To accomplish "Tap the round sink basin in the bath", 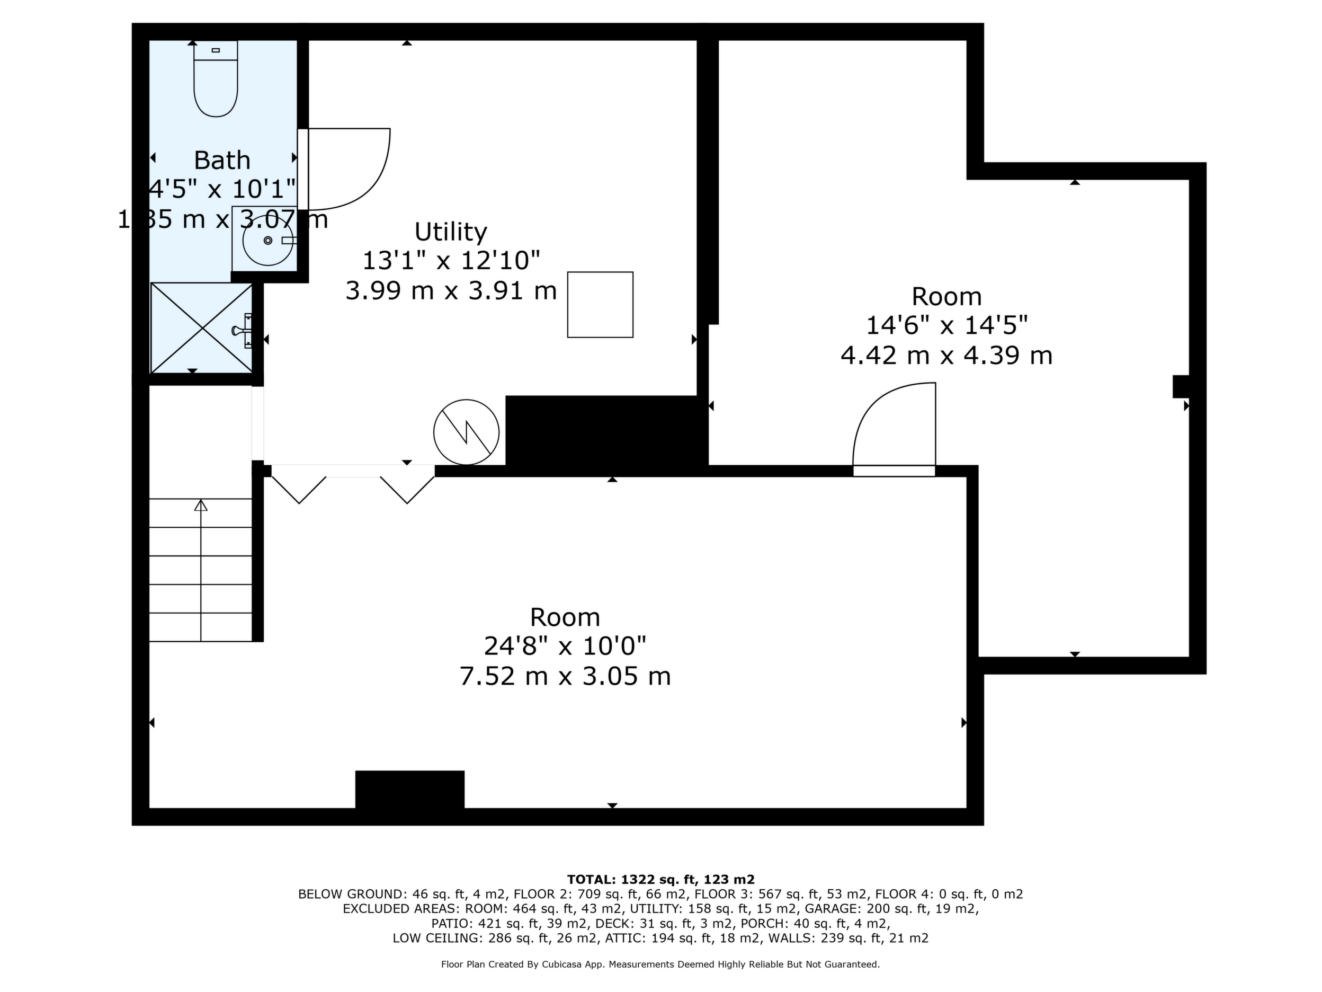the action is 268,241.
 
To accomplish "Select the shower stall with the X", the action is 201,327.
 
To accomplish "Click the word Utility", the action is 451,232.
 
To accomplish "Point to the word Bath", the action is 222,160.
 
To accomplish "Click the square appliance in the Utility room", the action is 600,304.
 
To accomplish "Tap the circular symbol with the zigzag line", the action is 466,432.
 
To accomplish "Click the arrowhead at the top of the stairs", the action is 201,504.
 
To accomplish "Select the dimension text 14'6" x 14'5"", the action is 946,325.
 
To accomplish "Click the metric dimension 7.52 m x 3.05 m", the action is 565,676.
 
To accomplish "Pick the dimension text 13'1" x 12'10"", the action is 451,261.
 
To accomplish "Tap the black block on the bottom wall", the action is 410,789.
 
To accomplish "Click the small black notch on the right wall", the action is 1181,386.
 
